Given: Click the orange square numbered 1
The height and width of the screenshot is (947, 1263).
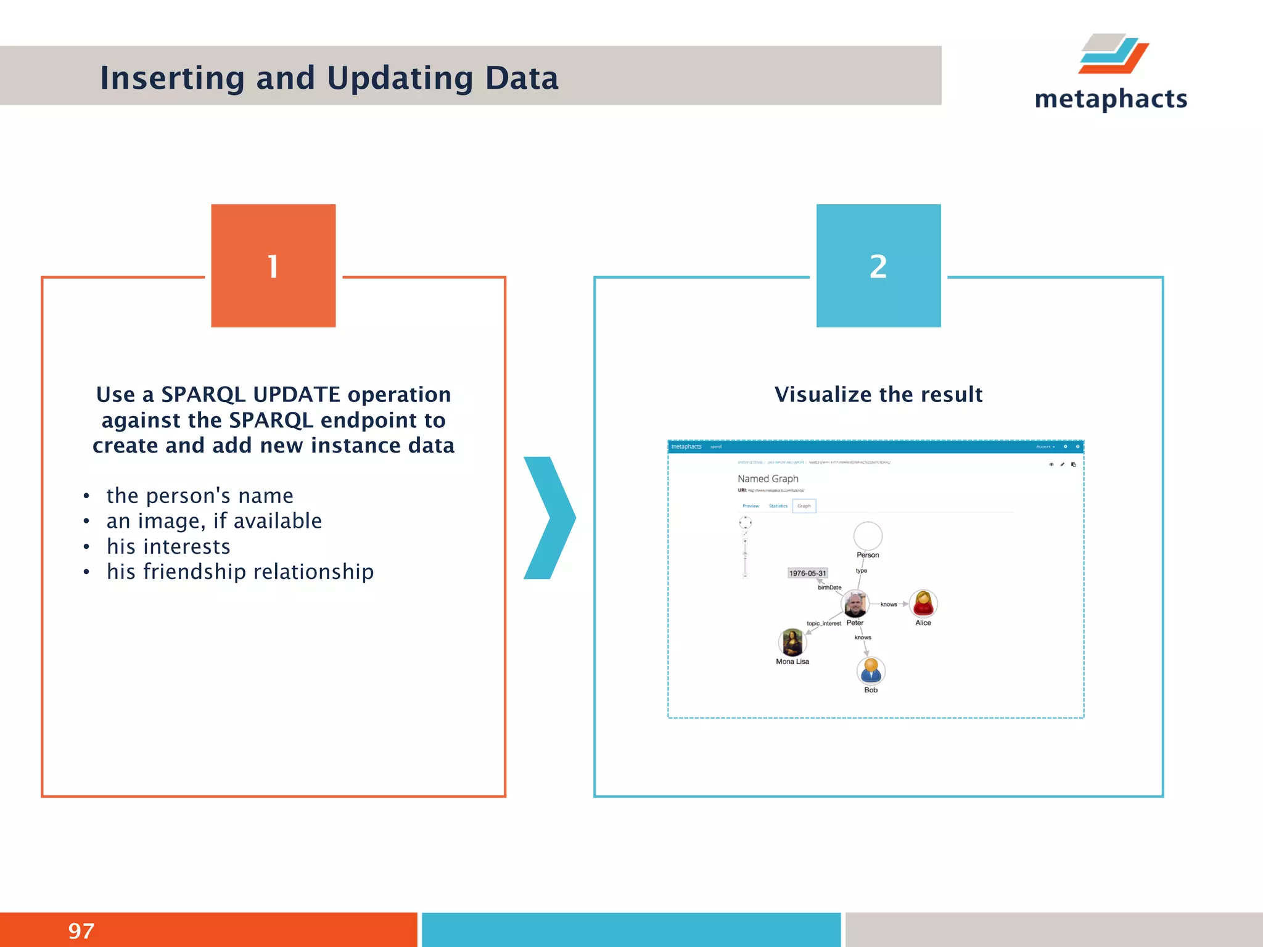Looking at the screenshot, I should click(273, 266).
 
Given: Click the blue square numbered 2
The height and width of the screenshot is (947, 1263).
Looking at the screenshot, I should click(878, 266).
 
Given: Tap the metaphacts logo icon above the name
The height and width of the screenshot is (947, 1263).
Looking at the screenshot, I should click(1114, 54).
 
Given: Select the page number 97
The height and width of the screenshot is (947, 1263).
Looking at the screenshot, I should click(81, 930).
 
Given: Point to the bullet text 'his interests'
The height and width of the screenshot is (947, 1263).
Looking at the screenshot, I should click(168, 546).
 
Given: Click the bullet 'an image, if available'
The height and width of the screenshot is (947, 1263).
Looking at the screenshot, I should click(214, 521).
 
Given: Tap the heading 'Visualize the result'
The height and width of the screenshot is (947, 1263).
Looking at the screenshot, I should click(878, 395).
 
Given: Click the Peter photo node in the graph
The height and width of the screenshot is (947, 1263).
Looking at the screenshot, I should click(855, 604).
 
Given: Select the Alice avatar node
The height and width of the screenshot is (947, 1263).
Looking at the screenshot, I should click(923, 604).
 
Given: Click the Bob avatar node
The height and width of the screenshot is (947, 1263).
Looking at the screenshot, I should click(871, 671).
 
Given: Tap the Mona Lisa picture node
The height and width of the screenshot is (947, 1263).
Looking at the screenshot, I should click(792, 643).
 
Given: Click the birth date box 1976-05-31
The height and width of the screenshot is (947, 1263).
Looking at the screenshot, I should click(807, 573).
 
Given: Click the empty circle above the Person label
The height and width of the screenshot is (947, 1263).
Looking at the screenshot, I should click(868, 536).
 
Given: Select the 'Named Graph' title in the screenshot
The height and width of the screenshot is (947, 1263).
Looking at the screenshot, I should click(768, 478).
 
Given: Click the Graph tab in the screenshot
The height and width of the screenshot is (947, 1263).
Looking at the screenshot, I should click(804, 506).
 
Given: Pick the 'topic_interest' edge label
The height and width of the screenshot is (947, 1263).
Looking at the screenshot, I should click(823, 623).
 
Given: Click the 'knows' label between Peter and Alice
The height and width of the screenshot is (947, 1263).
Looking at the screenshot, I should click(889, 604).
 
